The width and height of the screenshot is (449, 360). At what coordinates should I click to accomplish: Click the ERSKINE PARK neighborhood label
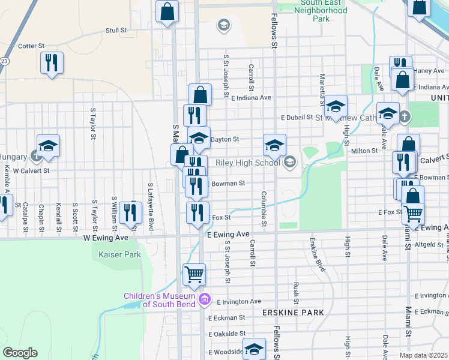pos(292,313)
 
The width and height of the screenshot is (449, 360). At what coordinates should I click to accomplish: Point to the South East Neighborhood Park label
pos(322,11)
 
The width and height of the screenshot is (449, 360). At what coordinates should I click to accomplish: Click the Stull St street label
pos(116,29)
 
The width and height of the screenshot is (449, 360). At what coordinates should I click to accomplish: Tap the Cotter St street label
pos(32,46)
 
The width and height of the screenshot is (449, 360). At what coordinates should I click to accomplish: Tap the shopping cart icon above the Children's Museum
pos(194,274)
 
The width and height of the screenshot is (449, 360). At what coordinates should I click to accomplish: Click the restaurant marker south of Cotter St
pos(52,62)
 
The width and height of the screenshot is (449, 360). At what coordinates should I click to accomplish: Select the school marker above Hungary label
pos(48,146)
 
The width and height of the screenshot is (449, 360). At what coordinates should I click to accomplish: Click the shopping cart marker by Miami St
pos(412,212)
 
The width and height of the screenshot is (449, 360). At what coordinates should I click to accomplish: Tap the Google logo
pos(20,353)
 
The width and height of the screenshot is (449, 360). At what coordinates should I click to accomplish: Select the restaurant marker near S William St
pos(130,211)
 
